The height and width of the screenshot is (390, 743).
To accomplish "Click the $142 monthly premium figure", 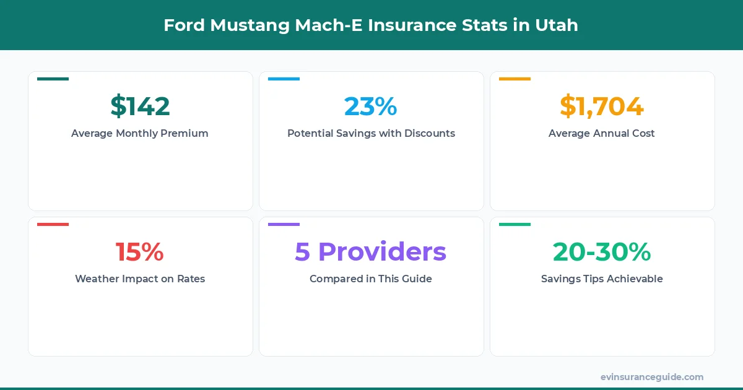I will coord(140,106).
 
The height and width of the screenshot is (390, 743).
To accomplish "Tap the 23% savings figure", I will coord(371,106).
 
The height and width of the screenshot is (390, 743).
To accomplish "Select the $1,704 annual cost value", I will coord(602,106).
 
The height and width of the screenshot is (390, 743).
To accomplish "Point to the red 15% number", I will coord(140,252).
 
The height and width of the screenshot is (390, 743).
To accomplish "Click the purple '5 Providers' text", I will coord(371,252).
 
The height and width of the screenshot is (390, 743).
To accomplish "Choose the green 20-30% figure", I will coord(602,252).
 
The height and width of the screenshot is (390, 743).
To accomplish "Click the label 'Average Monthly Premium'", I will coord(140,133).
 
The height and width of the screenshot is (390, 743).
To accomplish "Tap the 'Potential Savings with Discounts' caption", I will coord(371,133).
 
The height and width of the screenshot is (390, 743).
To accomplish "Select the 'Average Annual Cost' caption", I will coord(602,133).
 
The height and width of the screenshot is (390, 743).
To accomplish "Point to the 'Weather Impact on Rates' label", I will coord(140,279).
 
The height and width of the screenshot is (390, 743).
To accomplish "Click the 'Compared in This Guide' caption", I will coord(371,279).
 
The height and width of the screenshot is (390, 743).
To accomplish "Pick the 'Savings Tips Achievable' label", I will coord(602,279).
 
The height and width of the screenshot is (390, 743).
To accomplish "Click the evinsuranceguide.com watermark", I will coord(652,377).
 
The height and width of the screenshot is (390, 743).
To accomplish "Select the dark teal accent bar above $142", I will coord(53,79).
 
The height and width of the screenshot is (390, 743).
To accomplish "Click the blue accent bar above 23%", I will coord(284,79).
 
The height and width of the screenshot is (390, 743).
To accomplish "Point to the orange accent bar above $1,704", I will coord(515,79).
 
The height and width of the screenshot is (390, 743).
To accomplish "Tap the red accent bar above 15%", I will coord(53,225).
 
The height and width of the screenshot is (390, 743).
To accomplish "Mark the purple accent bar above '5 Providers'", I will coord(284,225).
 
